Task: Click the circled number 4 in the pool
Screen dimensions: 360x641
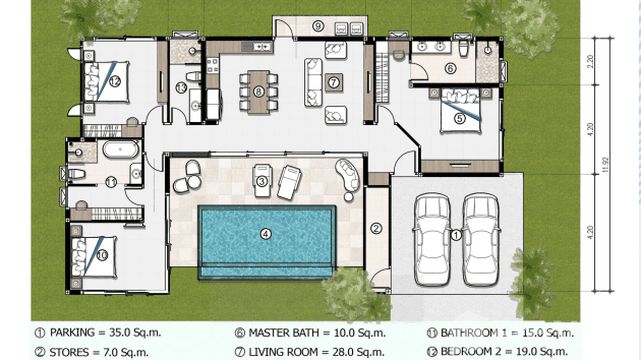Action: (266, 233)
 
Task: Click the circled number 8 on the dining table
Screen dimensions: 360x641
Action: (258, 91)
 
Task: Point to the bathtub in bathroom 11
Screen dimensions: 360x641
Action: (121, 150)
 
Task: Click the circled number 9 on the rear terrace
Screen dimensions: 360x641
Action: (318, 26)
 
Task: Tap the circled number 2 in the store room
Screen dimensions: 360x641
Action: (376, 228)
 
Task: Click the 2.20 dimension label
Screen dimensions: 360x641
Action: (590, 61)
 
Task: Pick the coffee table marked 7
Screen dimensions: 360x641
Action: (333, 83)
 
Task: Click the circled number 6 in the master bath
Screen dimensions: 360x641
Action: (449, 69)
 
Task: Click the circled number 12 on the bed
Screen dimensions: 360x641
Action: (114, 82)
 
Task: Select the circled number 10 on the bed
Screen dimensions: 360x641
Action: (101, 255)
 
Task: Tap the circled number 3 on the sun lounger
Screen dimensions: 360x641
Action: (261, 181)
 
